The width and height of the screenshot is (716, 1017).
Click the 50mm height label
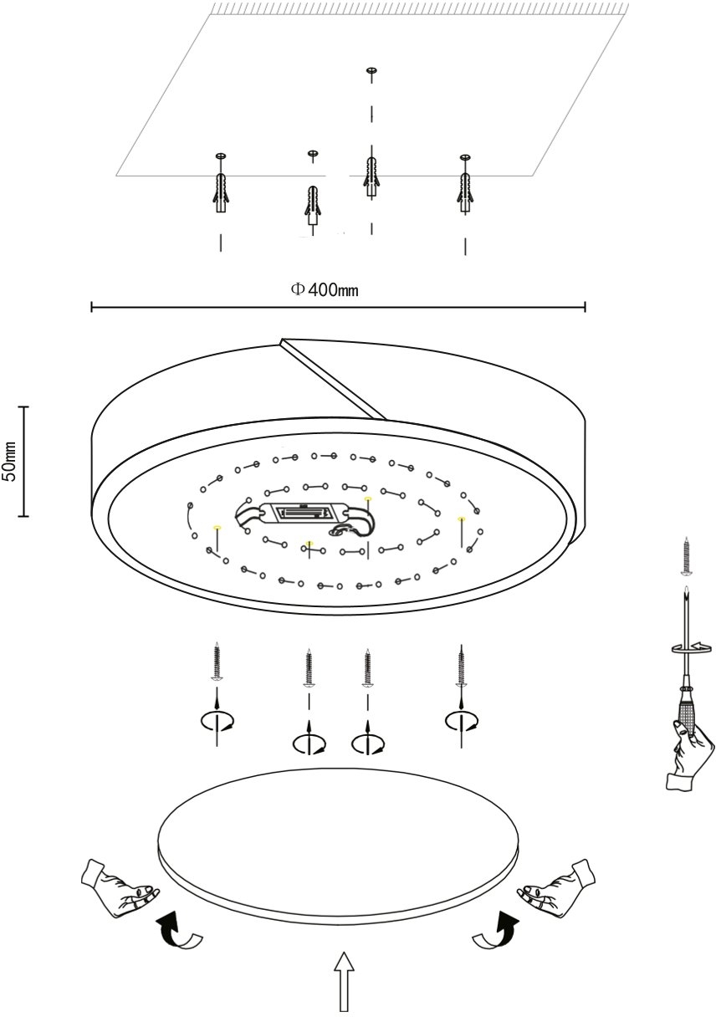(x=10, y=461)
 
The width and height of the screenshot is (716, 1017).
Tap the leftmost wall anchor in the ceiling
(x=220, y=191)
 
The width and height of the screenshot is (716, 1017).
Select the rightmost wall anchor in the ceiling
(x=464, y=190)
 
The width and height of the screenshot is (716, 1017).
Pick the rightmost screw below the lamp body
(x=459, y=665)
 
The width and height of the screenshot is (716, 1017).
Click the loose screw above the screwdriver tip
(x=687, y=555)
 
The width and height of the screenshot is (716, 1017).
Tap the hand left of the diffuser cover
(x=120, y=887)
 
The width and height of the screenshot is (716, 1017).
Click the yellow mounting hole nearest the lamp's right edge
(x=460, y=520)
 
